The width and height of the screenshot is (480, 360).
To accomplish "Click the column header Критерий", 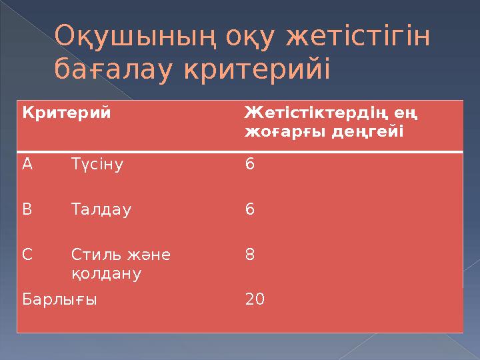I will click(x=65, y=111).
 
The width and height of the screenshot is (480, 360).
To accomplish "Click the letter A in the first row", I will click(x=27, y=164).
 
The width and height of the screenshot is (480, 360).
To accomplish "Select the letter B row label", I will click(x=27, y=209).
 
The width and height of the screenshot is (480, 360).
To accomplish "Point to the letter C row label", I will click(x=27, y=254).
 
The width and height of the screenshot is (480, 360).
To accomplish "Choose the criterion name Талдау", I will click(x=101, y=209).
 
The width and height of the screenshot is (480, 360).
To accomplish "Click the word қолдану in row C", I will click(x=105, y=273).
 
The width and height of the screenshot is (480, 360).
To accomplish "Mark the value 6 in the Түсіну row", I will click(x=249, y=164).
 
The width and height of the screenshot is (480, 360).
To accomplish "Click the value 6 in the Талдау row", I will click(x=249, y=209).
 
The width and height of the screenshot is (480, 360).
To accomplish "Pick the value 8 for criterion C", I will click(x=249, y=254).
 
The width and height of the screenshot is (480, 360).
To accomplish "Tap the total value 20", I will click(x=255, y=299).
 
